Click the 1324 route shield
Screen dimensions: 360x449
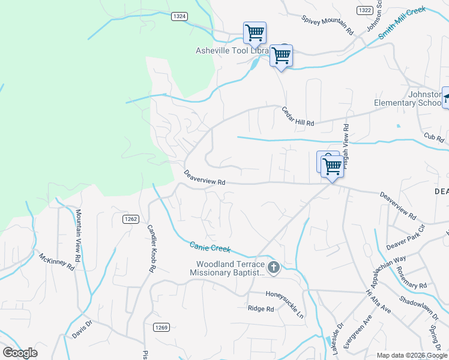(x=179, y=16)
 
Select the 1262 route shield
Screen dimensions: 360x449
(x=131, y=219)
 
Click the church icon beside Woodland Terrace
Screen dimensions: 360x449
(x=274, y=268)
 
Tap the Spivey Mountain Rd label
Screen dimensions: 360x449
(x=328, y=25)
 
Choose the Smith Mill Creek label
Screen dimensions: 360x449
(x=402, y=23)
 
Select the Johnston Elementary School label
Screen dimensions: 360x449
(x=408, y=98)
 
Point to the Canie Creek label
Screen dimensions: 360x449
(x=210, y=247)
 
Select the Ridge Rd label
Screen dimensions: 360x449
(x=261, y=309)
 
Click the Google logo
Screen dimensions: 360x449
(x=20, y=353)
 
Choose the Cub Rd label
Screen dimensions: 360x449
(x=433, y=138)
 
